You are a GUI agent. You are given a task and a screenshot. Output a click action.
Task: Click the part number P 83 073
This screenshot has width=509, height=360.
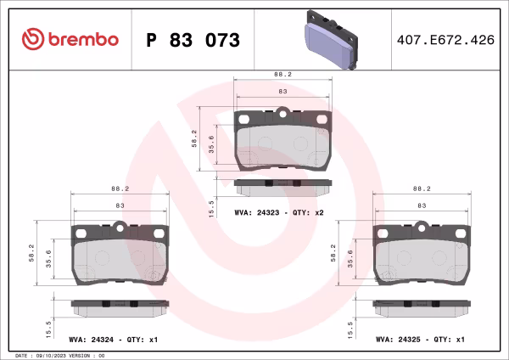[x=193, y=40]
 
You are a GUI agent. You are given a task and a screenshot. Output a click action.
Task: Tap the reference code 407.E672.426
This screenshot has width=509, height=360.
[x=445, y=40]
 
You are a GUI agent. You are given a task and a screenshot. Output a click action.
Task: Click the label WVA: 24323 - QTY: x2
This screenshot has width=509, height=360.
[x=278, y=212]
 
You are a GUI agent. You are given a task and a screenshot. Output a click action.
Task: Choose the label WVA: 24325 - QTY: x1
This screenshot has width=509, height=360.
[x=421, y=339]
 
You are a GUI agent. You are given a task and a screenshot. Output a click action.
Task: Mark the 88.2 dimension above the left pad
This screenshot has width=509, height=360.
[x=120, y=188]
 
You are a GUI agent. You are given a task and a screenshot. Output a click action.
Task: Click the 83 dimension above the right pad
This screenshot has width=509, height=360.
[x=422, y=206]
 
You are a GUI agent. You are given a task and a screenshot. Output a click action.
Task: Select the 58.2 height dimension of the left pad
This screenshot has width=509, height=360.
[x=33, y=253]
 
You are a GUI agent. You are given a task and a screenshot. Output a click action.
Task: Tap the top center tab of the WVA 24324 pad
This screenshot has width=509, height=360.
[x=120, y=227]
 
